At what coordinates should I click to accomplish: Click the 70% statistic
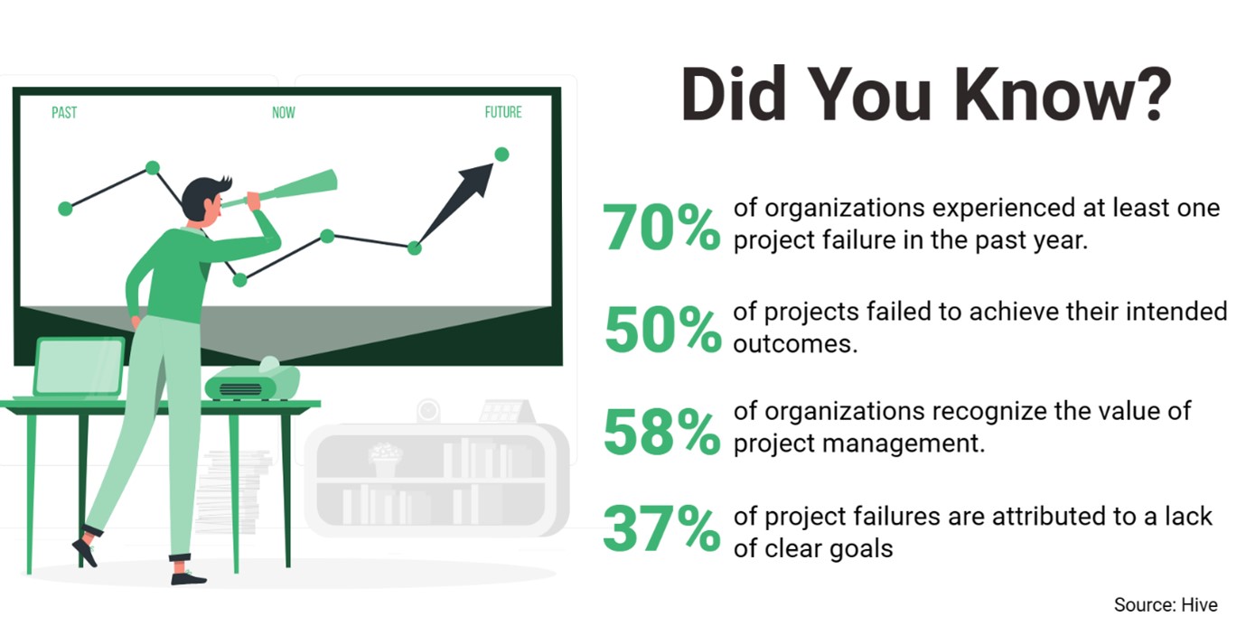[x=661, y=228]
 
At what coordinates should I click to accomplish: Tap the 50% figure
[x=662, y=330]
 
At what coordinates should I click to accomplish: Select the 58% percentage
[x=661, y=432]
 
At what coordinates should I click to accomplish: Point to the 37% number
[x=661, y=530]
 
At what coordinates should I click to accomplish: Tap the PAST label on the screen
[x=64, y=113]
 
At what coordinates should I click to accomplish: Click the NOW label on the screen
[x=284, y=113]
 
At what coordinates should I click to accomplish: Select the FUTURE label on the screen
[x=503, y=113]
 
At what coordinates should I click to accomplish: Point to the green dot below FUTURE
[x=501, y=154]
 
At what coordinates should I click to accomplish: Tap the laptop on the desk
[x=79, y=369]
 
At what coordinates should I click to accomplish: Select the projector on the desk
[x=252, y=382]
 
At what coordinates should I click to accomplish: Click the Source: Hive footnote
[x=1166, y=604]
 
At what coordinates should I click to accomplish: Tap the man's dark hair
[x=201, y=193]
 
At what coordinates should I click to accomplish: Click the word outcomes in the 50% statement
[x=793, y=344]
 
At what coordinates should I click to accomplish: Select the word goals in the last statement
[x=857, y=547]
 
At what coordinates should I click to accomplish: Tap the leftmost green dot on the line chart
[x=65, y=209]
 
